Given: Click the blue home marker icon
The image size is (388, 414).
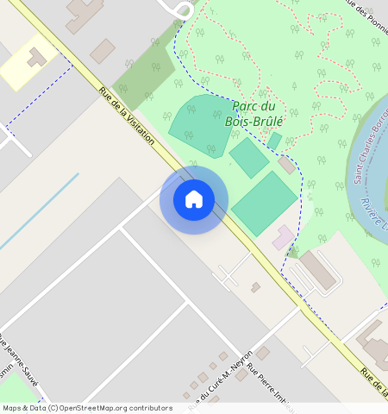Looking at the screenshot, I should coord(194,199).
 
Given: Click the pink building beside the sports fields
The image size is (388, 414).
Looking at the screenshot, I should coord(283,236).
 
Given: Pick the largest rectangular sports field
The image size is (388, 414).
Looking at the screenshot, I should coord(264,204).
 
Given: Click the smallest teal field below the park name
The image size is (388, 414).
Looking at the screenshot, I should coord(274,141).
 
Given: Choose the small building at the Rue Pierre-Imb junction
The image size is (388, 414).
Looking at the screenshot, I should coord(262,353).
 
